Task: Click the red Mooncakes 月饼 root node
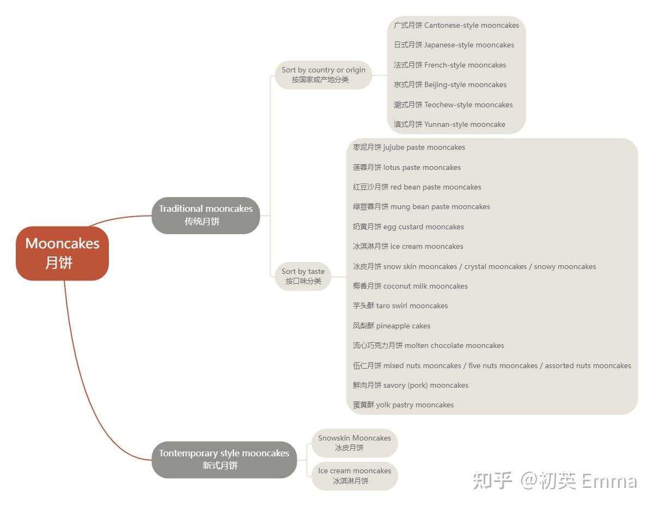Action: pyautogui.click(x=62, y=253)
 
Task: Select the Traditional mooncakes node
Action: pyautogui.click(x=205, y=215)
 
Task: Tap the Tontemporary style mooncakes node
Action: pyautogui.click(x=224, y=459)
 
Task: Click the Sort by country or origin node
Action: pyautogui.click(x=323, y=75)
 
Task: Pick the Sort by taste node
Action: pyautogui.click(x=303, y=276)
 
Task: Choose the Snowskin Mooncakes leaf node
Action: pyautogui.click(x=354, y=443)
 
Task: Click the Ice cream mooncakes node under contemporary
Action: pyautogui.click(x=354, y=475)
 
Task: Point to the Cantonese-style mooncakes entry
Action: pyautogui.click(x=456, y=25)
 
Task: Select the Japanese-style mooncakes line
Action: pyautogui.click(x=454, y=45)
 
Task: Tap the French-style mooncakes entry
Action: pyautogui.click(x=450, y=65)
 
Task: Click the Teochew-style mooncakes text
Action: pyautogui.click(x=453, y=105)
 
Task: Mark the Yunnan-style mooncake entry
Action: pyautogui.click(x=449, y=124)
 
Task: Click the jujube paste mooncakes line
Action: pyautogui.click(x=409, y=147)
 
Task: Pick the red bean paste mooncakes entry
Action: pyautogui.click(x=417, y=187)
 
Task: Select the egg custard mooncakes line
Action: pyautogui.click(x=408, y=227)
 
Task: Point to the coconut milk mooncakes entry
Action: pyautogui.click(x=410, y=286)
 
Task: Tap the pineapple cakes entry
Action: pyautogui.click(x=392, y=326)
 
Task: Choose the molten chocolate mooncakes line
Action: pyautogui.click(x=429, y=345)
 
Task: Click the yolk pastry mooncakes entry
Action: pyautogui.click(x=403, y=405)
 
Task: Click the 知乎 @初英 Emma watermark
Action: pyautogui.click(x=554, y=481)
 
